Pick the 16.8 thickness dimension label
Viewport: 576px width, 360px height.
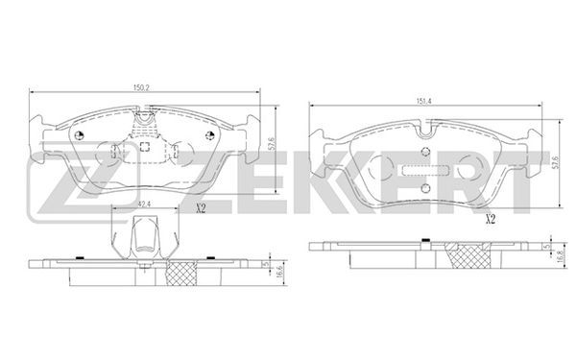click(560, 255)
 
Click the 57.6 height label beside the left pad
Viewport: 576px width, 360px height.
click(272, 144)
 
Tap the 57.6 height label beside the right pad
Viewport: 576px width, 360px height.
click(556, 161)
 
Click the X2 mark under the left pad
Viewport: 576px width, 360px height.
click(201, 209)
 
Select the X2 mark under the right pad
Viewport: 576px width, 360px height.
click(491, 220)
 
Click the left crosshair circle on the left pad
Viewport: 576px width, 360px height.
click(79, 135)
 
